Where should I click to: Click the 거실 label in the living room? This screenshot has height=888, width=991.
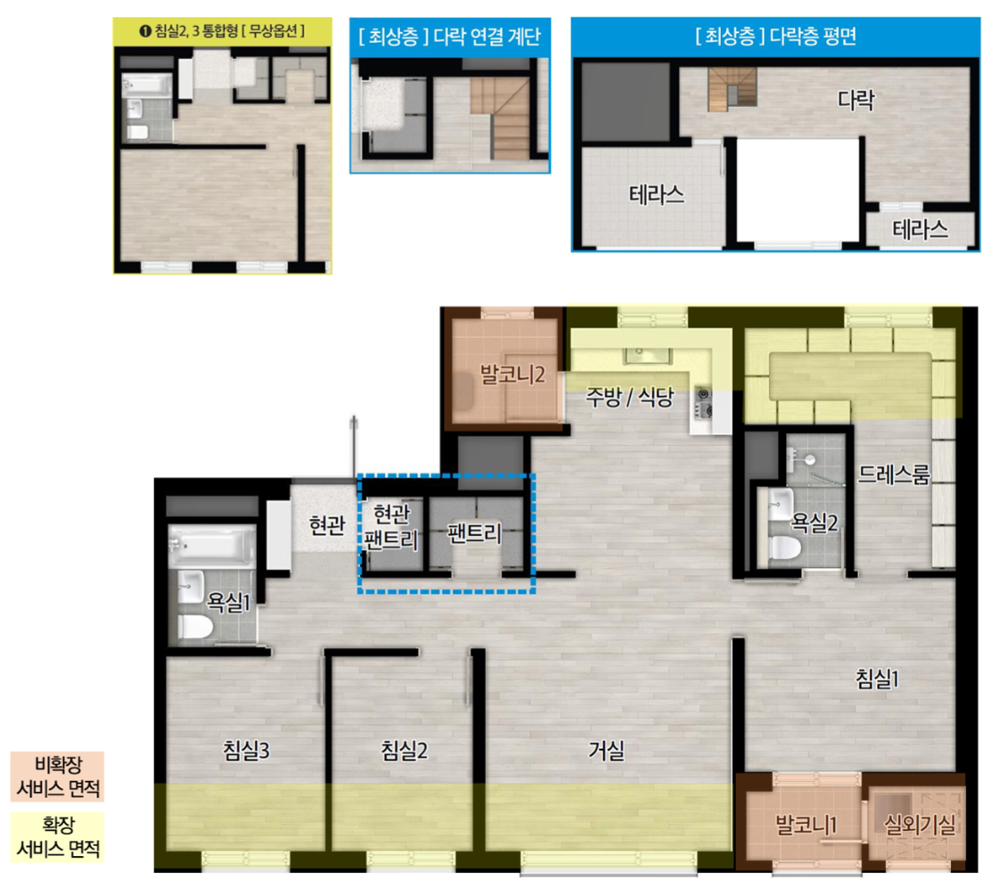coord(607,751)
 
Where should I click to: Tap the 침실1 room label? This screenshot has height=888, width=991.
coord(877,678)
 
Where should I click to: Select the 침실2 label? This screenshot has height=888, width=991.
coord(405,751)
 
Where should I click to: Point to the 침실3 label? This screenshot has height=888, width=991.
coord(247,751)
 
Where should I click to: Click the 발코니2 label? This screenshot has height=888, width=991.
coord(512,374)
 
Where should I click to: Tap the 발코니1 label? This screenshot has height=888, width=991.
coord(807,824)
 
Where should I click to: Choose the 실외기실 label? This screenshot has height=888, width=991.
coord(920,824)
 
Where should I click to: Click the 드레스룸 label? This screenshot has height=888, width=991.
coord(894,474)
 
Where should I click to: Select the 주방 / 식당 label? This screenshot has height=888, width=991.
coord(629,398)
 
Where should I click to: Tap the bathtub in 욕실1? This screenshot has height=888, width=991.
coord(212,545)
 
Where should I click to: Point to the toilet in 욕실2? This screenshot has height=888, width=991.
coord(783,547)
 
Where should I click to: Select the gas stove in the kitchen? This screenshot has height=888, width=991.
coord(703,404)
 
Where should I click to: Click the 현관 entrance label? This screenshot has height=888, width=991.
coord(327,524)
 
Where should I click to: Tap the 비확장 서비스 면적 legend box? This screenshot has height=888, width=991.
coord(58,777)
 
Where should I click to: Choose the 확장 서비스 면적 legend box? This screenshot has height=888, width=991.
coord(58,837)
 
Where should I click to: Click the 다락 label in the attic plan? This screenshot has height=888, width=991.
coord(856,99)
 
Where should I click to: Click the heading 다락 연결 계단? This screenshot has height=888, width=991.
coord(487,36)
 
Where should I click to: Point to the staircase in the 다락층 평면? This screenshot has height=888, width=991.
coord(732,89)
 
